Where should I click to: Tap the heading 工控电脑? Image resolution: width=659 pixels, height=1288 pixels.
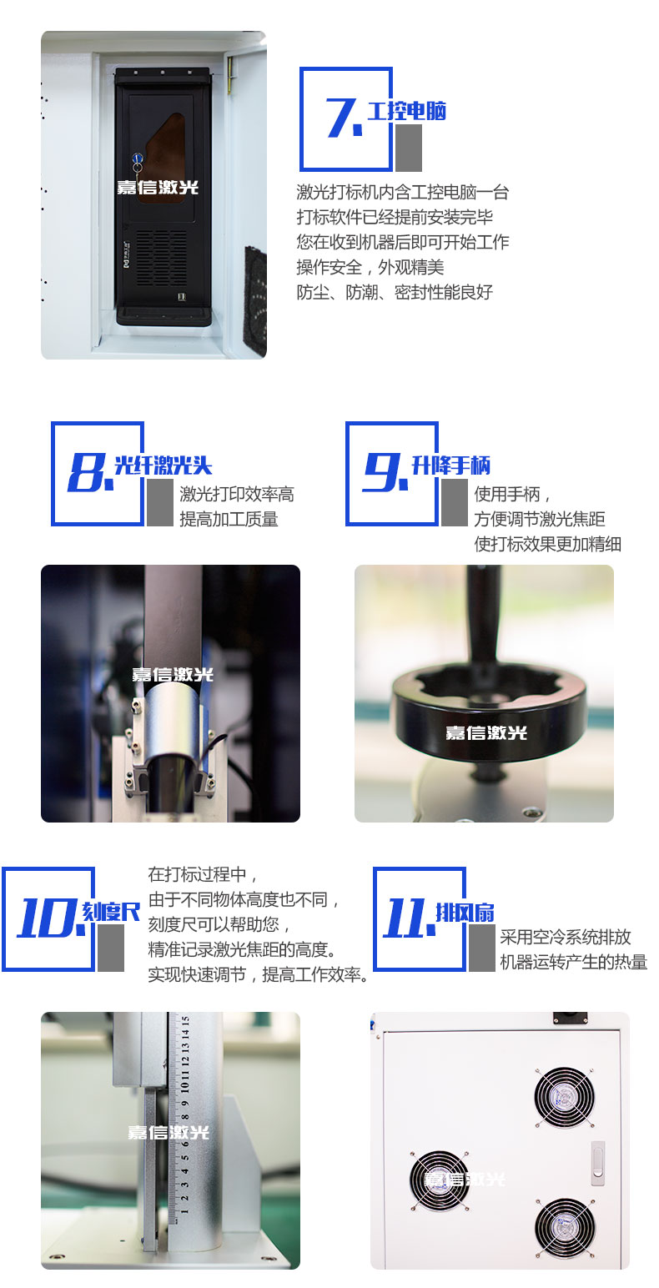click(x=406, y=111)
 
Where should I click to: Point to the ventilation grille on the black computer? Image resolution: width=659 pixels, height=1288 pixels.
click(x=161, y=258)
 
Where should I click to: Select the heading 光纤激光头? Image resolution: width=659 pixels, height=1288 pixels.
click(x=163, y=465)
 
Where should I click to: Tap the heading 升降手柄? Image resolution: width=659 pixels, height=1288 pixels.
click(x=450, y=465)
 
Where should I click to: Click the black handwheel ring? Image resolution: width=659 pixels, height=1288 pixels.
click(x=489, y=710)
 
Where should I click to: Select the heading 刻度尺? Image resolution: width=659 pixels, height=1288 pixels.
click(x=111, y=912)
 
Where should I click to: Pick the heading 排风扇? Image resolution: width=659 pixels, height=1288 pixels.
click(x=465, y=912)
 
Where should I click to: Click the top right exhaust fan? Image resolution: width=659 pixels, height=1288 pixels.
click(x=564, y=1097)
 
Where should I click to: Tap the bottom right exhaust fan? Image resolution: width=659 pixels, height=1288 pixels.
click(x=564, y=1228)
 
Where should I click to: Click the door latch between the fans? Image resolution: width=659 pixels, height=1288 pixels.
click(x=598, y=1163)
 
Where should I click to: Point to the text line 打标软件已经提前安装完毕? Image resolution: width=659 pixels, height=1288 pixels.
click(x=395, y=218)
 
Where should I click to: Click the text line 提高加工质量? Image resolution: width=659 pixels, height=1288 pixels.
click(x=229, y=519)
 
